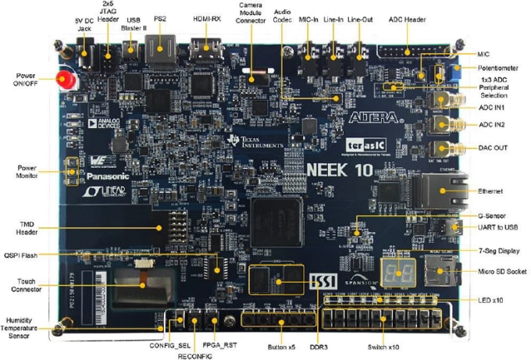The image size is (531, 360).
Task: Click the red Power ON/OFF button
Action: (65, 80)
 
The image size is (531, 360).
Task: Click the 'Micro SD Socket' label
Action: (502, 271)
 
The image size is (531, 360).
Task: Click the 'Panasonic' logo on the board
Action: (102, 176)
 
